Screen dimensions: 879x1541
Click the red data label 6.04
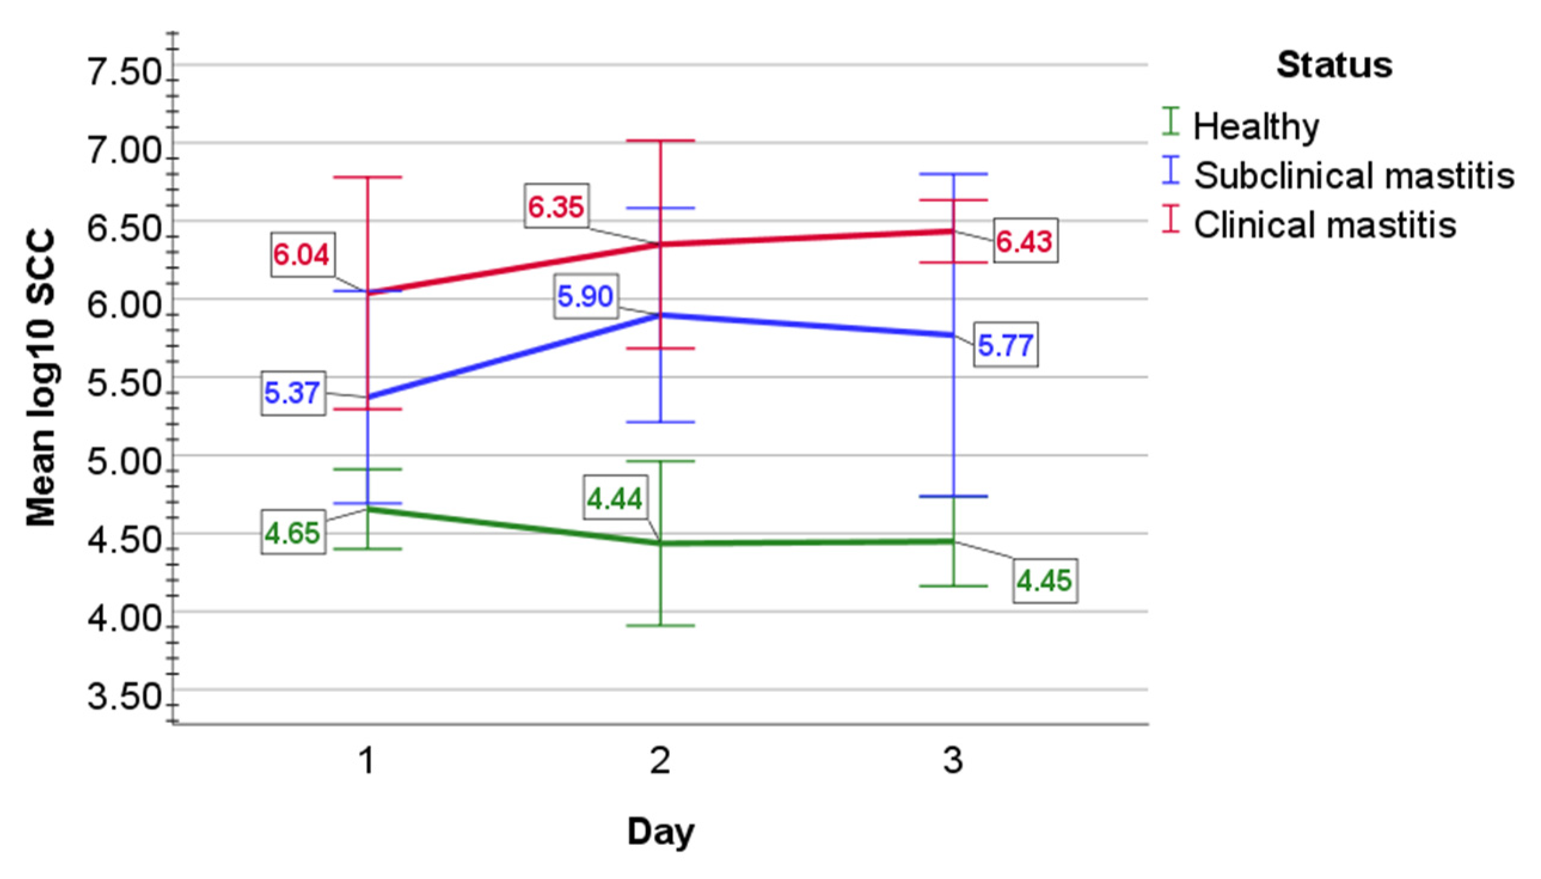(x=302, y=255)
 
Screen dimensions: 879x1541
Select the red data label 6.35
(x=556, y=207)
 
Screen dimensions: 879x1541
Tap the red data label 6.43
(x=1024, y=241)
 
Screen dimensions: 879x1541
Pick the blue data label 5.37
(x=292, y=393)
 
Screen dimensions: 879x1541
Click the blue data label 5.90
(x=586, y=296)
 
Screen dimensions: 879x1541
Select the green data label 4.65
(x=292, y=533)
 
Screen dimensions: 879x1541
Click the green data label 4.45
(x=1044, y=581)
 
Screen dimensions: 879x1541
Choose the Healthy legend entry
(x=1255, y=126)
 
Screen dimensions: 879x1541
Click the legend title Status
(x=1334, y=65)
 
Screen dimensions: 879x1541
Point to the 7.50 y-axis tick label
(x=124, y=74)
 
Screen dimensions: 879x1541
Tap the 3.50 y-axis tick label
(x=124, y=698)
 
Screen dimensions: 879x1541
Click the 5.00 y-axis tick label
(x=124, y=464)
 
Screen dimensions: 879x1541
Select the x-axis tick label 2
(x=660, y=761)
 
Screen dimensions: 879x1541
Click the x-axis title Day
(x=660, y=831)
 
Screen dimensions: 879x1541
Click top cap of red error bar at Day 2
(x=660, y=140)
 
